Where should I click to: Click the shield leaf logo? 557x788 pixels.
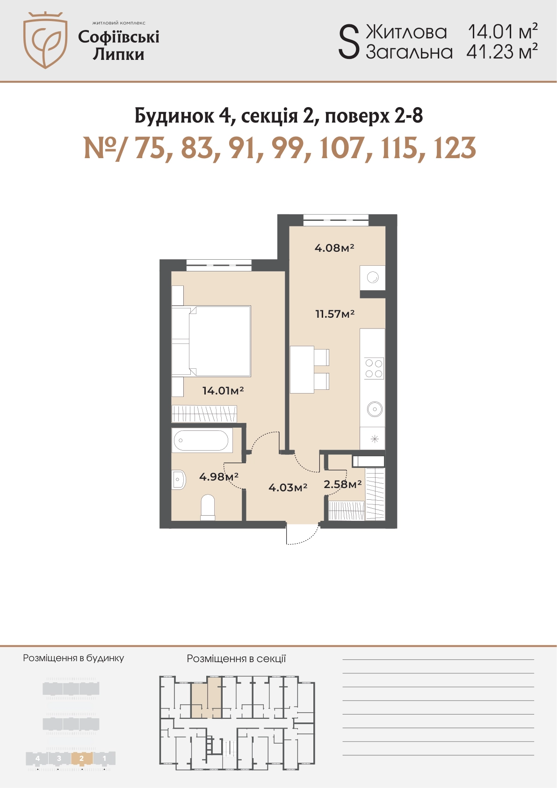(x=45, y=40)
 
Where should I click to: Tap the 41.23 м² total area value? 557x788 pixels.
(x=502, y=52)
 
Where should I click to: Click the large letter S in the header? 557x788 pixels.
(x=349, y=44)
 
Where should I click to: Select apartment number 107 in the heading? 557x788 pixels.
(x=341, y=148)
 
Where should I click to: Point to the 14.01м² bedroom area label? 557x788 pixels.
(x=223, y=390)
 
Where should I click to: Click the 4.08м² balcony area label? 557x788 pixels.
(x=334, y=248)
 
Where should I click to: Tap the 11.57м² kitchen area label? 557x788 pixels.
(x=335, y=314)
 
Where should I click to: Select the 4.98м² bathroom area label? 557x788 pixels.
(x=219, y=477)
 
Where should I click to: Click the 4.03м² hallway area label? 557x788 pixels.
(x=288, y=487)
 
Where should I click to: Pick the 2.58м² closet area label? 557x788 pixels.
(x=342, y=484)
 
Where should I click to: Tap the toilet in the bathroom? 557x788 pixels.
(x=208, y=507)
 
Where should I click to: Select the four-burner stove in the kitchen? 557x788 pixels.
(x=374, y=368)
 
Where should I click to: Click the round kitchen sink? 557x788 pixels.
(x=375, y=409)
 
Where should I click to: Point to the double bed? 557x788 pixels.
(x=211, y=341)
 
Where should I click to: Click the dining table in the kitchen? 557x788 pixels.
(x=302, y=369)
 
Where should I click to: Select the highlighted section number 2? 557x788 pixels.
(x=81, y=758)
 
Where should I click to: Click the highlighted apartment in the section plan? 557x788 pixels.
(x=207, y=697)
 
